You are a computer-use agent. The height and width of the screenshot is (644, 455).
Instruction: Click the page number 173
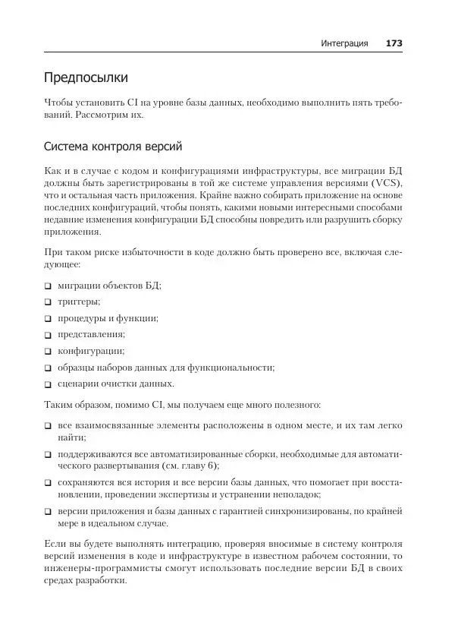click(394, 43)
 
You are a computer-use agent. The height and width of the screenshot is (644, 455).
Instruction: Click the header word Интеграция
click(344, 43)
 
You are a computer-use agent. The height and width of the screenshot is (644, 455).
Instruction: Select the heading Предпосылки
click(86, 77)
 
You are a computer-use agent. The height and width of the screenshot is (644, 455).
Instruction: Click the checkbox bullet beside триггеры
click(48, 301)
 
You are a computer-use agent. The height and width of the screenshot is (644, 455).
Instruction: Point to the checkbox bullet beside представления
click(48, 334)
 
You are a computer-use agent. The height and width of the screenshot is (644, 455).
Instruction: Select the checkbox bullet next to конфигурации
click(48, 351)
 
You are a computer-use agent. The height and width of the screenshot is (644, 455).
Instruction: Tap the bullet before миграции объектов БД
click(48, 286)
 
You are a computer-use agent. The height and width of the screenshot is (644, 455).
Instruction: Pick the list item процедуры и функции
click(108, 318)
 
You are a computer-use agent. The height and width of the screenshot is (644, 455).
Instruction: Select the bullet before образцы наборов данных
click(48, 368)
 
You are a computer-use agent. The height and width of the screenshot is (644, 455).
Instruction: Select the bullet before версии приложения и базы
click(48, 511)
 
